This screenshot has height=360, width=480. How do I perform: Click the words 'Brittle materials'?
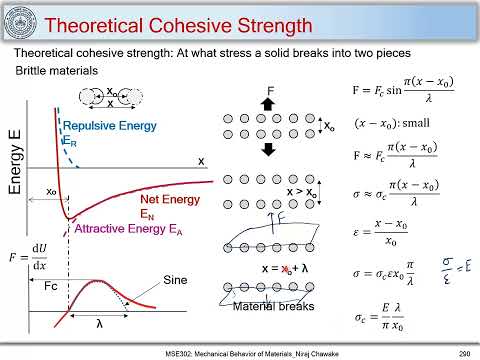point(56,71)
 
